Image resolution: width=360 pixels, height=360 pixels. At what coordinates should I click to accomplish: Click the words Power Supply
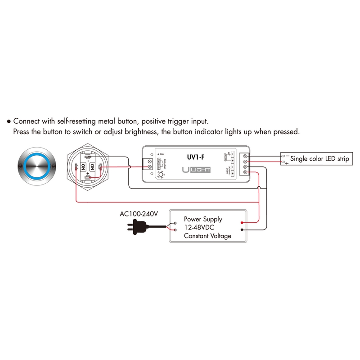coord(203,220)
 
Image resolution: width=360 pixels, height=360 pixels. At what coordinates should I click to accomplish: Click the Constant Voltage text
coord(207,236)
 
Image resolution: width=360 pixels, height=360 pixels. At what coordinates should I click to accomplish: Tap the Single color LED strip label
coord(319,159)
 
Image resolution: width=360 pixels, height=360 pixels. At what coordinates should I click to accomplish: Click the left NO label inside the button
coord(83,167)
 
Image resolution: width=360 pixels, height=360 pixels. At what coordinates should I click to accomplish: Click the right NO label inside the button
coord(93,167)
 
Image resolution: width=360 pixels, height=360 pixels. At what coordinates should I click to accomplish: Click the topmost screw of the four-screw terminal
coord(245,156)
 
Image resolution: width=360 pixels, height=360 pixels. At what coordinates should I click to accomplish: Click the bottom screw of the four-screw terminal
coord(245,172)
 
